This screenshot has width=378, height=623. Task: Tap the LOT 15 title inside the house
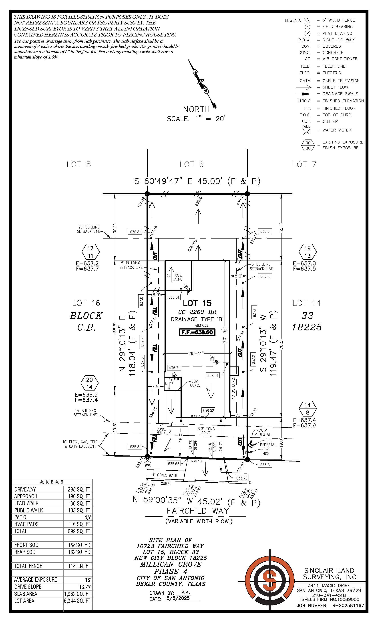pos(197,303)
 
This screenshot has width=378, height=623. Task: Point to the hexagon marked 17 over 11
pos(91,252)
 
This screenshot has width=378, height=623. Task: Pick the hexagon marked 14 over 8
pos(307,409)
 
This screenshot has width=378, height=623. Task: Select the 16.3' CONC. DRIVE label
pos(206,431)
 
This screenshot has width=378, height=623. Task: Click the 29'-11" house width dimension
pos(196,354)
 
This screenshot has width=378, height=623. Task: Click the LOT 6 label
pos(191,165)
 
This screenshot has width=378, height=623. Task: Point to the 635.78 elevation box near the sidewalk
pos(241,478)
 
